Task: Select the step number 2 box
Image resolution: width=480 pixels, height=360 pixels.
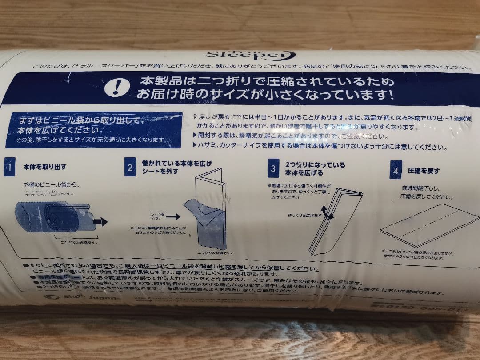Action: (x=130, y=168)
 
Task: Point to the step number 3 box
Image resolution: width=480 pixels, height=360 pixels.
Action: (x=273, y=168)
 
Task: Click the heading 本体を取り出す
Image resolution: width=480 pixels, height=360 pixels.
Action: (x=45, y=167)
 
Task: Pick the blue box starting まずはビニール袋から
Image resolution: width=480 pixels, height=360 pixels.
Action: (x=94, y=130)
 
